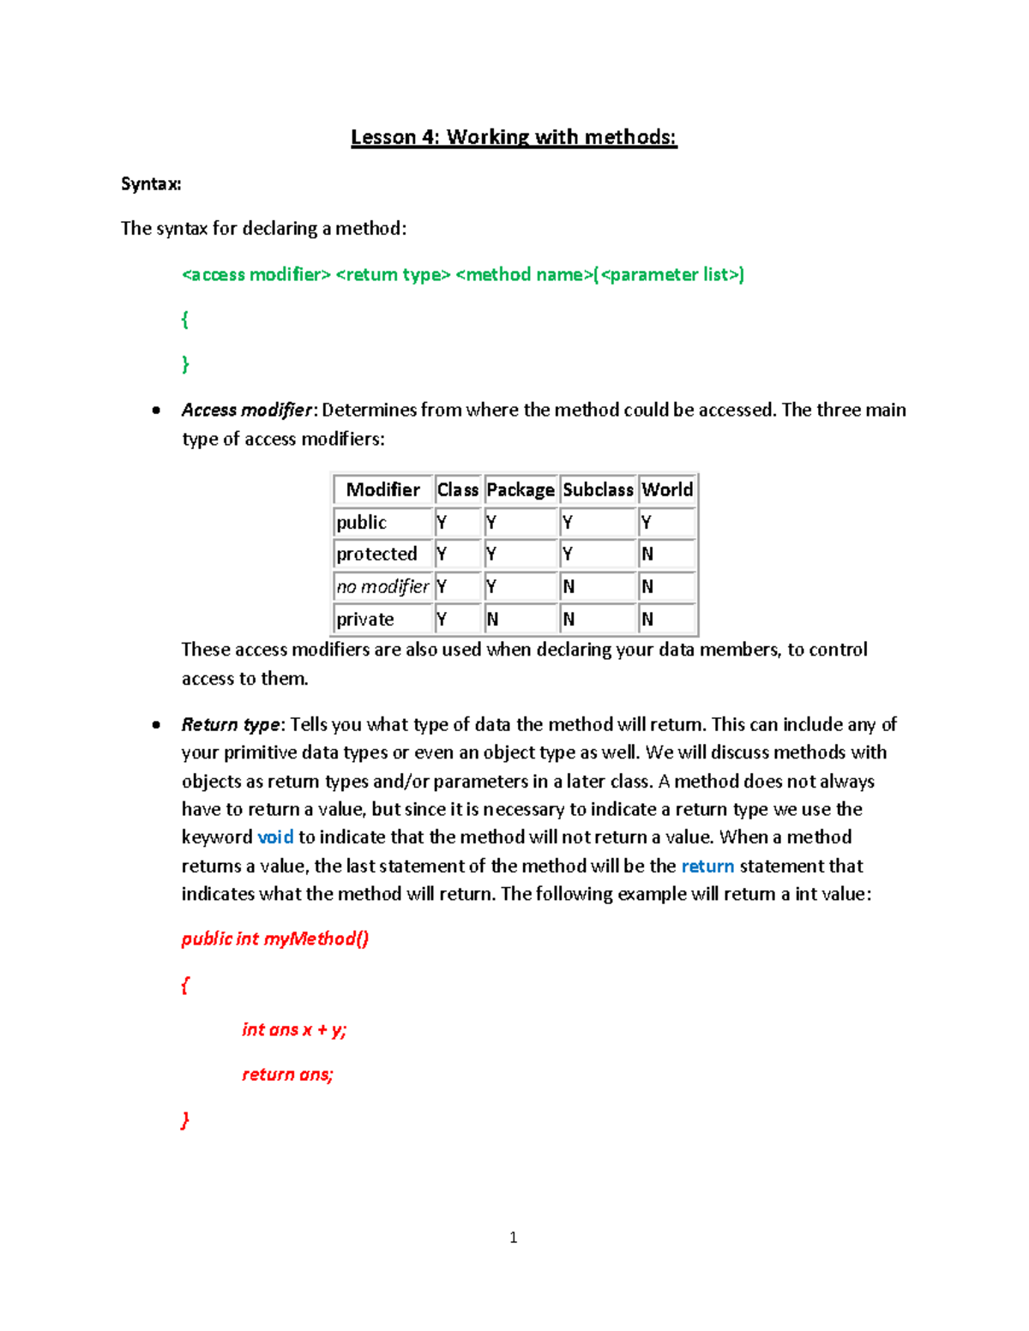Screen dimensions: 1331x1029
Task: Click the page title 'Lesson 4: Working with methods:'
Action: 514,137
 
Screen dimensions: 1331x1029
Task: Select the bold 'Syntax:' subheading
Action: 151,183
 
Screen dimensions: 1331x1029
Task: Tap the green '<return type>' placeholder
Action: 393,274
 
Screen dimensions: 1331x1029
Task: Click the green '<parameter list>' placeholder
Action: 671,274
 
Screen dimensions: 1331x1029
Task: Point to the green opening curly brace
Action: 184,320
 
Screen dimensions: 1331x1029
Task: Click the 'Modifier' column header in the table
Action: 382,489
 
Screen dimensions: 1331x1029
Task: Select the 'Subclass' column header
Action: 598,489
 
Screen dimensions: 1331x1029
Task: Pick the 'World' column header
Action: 667,489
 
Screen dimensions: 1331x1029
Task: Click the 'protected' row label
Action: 376,554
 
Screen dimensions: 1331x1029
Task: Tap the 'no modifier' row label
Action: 382,586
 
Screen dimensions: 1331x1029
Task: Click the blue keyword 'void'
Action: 275,837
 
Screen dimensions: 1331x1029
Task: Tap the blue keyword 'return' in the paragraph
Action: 707,866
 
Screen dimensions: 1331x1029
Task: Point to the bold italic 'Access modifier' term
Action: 247,410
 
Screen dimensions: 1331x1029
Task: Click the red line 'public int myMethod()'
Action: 275,938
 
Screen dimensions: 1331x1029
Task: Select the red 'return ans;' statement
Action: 287,1074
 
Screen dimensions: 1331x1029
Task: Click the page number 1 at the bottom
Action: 513,1237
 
